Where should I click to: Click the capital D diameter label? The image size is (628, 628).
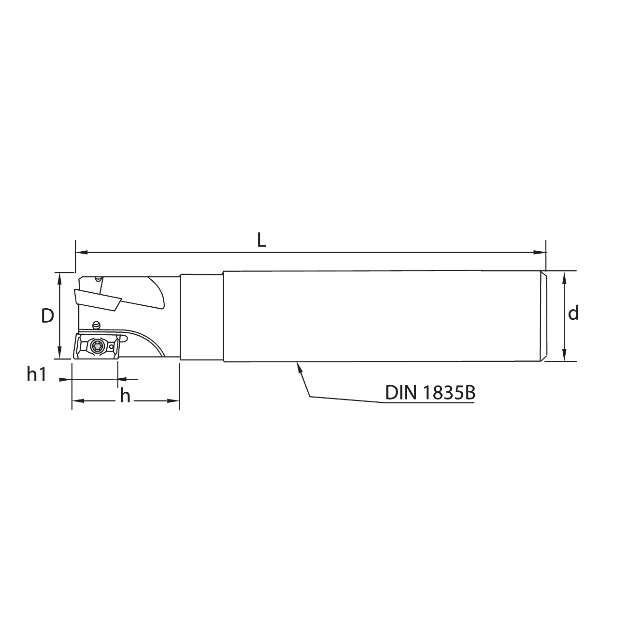47,316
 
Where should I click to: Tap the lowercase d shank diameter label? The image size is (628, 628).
573,313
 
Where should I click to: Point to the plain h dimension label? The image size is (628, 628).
125,396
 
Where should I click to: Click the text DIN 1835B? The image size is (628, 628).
430,392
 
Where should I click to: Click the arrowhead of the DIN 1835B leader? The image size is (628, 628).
298,366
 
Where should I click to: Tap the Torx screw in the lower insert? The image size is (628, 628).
97,345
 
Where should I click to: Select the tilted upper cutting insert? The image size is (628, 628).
97,299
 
